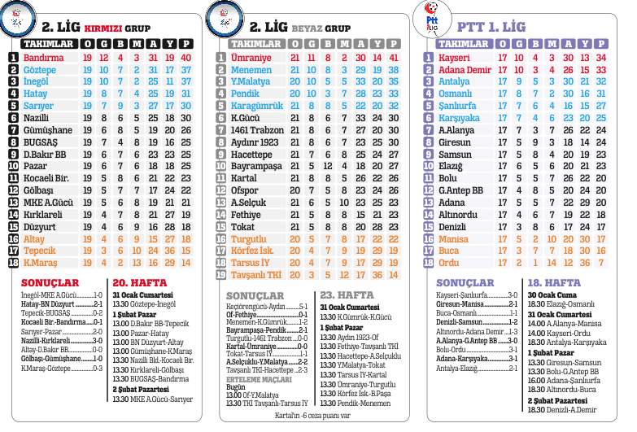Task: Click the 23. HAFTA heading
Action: pyautogui.click(x=347, y=295)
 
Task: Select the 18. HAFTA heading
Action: pyautogui.click(x=555, y=282)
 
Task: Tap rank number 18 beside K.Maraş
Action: pyautogui.click(x=13, y=263)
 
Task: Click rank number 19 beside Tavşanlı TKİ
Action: pyautogui.click(x=221, y=275)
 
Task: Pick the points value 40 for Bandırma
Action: pyautogui.click(x=186, y=58)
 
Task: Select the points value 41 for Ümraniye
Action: pyautogui.click(x=394, y=58)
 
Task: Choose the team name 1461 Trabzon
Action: pyautogui.click(x=256, y=130)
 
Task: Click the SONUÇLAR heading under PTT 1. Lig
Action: pyautogui.click(x=465, y=282)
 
